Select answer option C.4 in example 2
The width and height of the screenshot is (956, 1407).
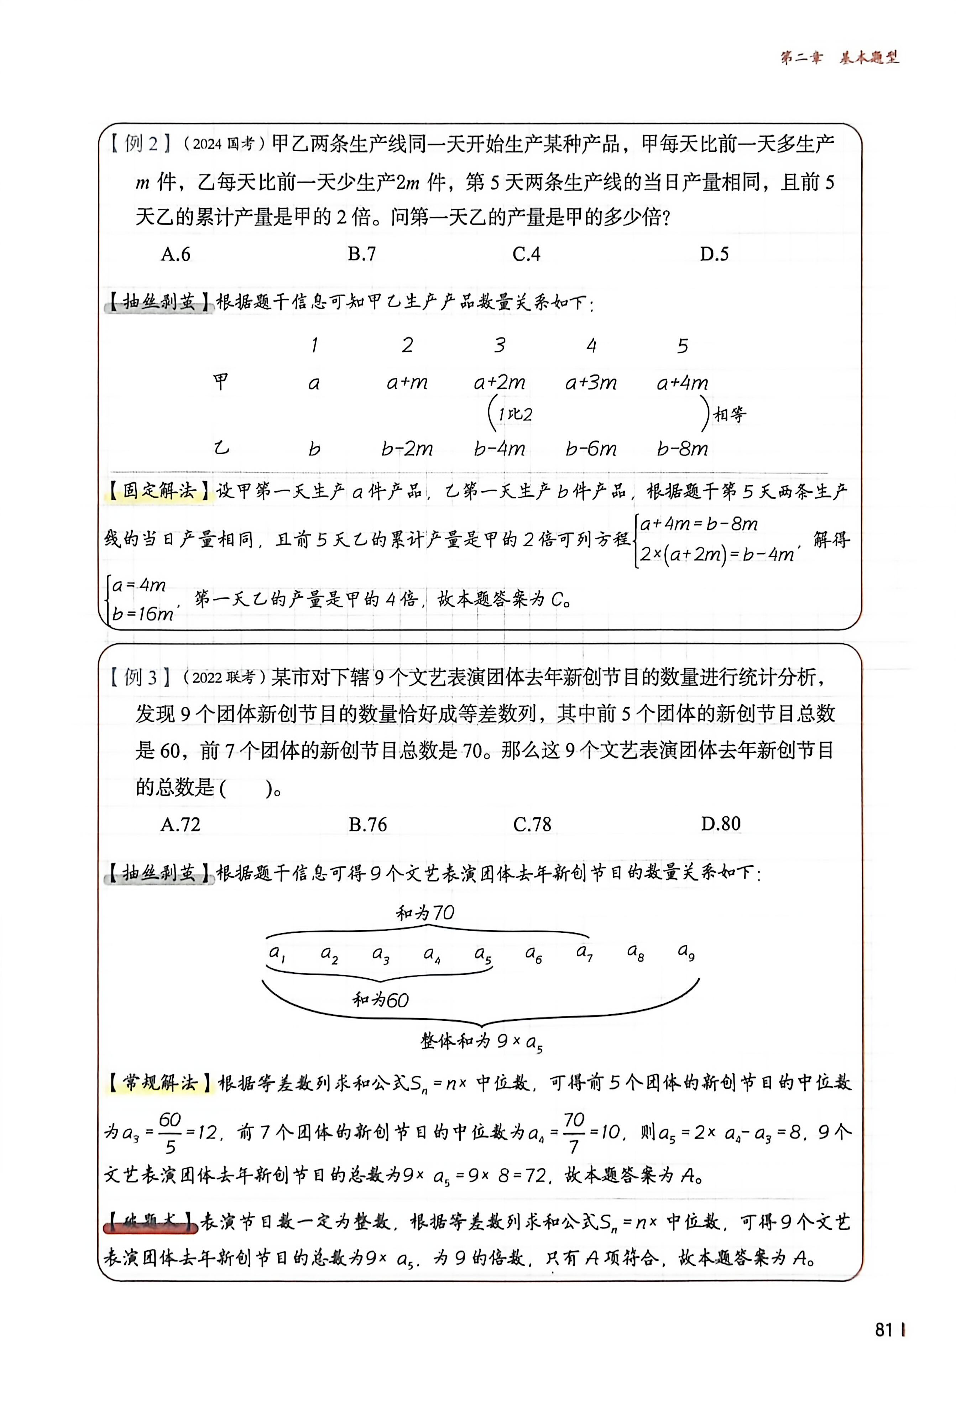(526, 254)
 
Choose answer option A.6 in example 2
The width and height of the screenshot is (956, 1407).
(176, 254)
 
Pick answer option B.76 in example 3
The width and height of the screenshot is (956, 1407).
(367, 825)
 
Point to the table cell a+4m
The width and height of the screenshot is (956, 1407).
(682, 383)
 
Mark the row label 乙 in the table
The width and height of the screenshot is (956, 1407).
(221, 449)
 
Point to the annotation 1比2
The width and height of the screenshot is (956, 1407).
(514, 415)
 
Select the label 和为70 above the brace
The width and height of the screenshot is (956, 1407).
(425, 913)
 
